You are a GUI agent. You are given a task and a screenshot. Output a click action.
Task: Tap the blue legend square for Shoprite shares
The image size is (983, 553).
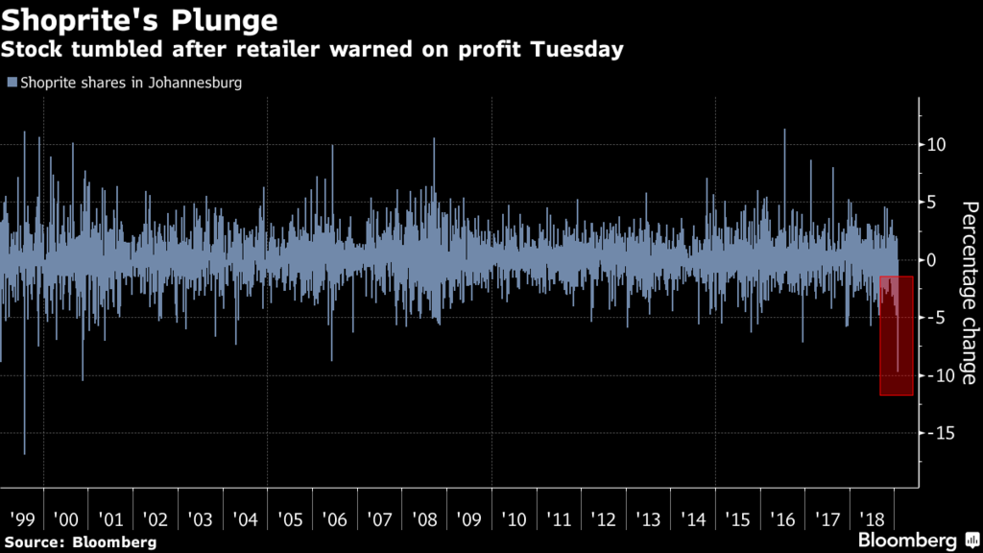(11, 84)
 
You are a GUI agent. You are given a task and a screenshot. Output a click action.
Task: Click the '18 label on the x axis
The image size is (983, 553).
(872, 519)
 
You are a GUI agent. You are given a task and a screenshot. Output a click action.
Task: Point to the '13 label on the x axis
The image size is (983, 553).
(648, 519)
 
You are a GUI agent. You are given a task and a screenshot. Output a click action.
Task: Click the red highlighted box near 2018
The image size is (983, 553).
(896, 335)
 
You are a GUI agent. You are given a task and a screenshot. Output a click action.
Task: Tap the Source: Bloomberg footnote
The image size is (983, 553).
(79, 542)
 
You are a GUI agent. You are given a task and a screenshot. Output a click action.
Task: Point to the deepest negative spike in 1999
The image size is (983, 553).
(24, 451)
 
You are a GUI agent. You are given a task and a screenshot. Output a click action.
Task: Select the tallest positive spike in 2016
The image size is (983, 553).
(784, 132)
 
